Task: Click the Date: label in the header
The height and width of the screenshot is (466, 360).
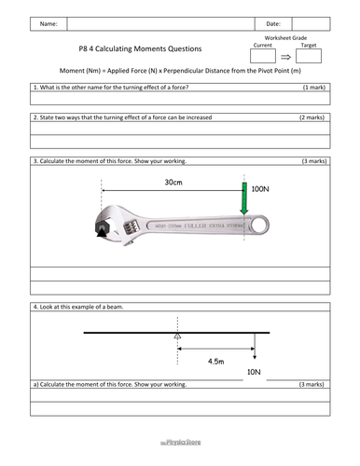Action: pos(273,23)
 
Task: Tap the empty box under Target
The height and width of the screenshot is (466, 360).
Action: pos(308,58)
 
